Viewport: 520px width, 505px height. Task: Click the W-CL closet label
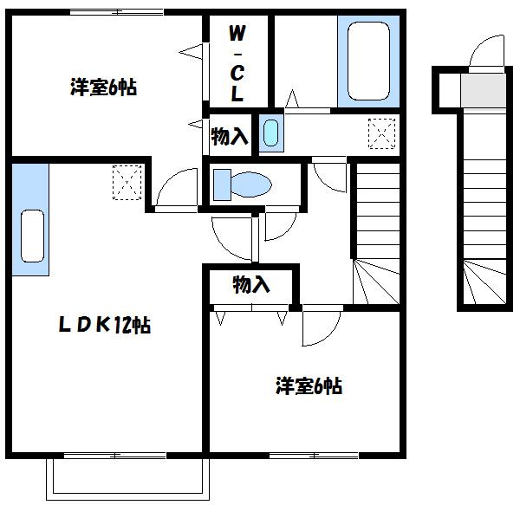tap(237, 63)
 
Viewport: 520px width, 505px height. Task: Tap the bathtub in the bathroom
tap(368, 61)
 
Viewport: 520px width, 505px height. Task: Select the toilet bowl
tap(251, 185)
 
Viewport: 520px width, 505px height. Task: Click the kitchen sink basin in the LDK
tap(32, 236)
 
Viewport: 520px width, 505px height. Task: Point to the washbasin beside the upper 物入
tap(271, 133)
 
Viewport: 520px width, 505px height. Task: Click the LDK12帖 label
tap(105, 325)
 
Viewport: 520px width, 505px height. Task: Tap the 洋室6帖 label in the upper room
tap(103, 87)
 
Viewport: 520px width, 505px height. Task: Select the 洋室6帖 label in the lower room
tap(309, 385)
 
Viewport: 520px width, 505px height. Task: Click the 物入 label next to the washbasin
tap(229, 136)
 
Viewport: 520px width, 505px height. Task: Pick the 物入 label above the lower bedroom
tap(251, 284)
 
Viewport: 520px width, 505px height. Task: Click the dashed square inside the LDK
tap(127, 182)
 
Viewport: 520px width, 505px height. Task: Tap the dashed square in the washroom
tap(381, 133)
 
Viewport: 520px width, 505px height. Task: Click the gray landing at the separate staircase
tap(484, 90)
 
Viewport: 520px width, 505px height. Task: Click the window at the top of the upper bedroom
tap(117, 13)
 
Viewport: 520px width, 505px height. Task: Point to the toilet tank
tap(222, 185)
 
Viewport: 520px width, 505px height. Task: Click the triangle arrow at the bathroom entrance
tap(292, 99)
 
